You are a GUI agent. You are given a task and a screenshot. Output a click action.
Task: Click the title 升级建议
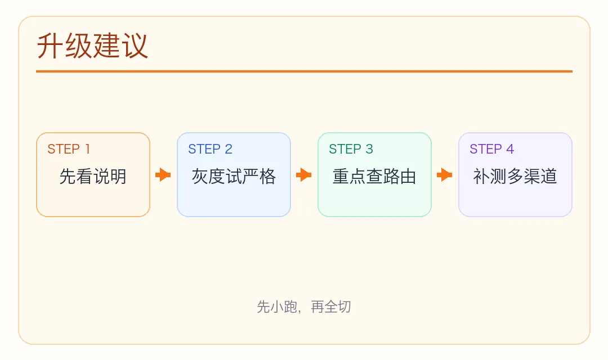click(x=93, y=46)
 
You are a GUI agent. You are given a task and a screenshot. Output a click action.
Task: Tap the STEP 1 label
click(x=69, y=149)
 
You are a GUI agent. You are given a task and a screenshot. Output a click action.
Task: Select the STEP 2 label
click(x=210, y=149)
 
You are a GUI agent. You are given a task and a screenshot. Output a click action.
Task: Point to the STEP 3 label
click(x=351, y=149)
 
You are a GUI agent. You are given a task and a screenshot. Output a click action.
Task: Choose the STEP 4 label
click(x=491, y=149)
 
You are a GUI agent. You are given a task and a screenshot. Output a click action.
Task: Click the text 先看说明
click(x=93, y=177)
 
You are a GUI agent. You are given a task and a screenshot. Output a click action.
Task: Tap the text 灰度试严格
click(x=234, y=177)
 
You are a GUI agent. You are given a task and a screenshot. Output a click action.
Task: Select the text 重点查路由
click(x=374, y=177)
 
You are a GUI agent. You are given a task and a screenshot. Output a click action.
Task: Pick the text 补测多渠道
click(x=515, y=177)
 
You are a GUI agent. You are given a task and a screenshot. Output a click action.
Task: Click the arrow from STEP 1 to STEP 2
click(x=163, y=175)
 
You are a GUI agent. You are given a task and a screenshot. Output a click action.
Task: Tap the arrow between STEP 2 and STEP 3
click(x=304, y=175)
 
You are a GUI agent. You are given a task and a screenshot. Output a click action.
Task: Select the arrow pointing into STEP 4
click(x=445, y=175)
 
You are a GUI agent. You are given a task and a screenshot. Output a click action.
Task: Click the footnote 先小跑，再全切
click(x=304, y=307)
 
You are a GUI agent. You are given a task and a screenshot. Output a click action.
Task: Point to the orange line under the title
click(x=304, y=71)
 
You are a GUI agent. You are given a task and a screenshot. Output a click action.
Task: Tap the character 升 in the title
click(x=51, y=46)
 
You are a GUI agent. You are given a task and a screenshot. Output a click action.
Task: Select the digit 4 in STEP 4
click(x=510, y=149)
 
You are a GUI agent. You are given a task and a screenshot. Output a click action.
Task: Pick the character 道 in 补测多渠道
click(x=549, y=177)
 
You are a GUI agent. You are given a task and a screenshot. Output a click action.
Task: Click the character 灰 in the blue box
click(x=200, y=177)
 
